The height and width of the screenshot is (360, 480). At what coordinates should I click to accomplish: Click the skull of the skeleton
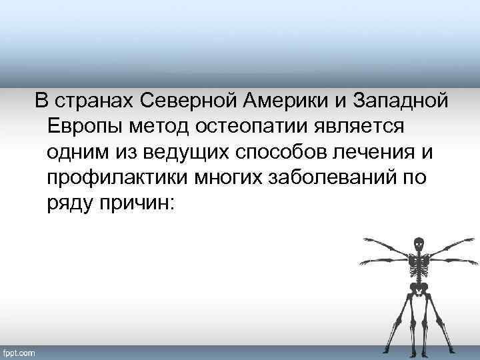click(418, 244)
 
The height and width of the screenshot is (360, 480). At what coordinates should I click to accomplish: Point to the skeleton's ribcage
click(418, 265)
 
